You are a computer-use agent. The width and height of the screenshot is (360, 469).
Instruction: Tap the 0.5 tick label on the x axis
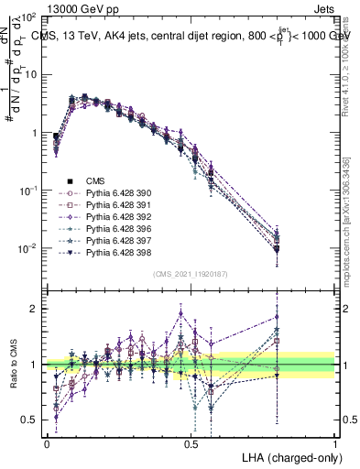pos(191,443)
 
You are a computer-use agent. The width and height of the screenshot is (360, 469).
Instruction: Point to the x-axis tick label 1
pos(335,443)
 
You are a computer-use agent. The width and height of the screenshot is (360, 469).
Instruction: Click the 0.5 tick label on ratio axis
pos(30,420)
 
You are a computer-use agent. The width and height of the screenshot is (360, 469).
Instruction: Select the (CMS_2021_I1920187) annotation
pos(190,274)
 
